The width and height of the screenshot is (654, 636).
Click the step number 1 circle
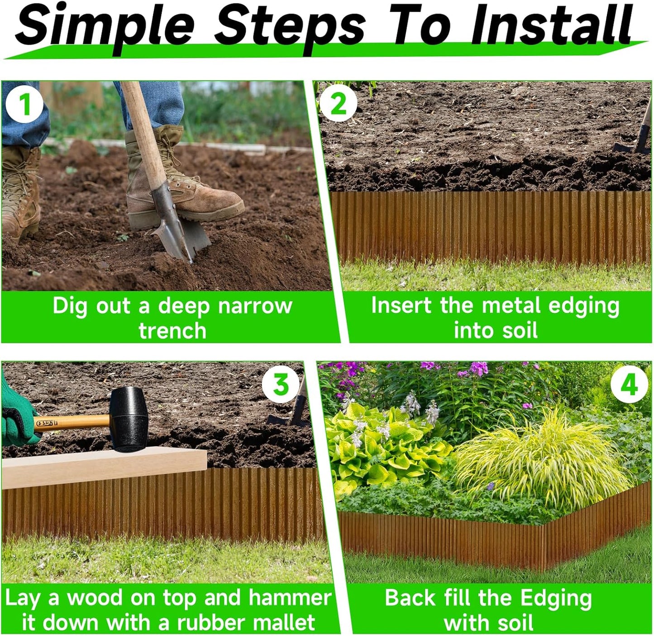[24, 105]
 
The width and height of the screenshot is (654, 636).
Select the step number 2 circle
[338, 104]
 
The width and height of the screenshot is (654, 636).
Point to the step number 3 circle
[281, 385]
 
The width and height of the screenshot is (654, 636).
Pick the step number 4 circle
[629, 385]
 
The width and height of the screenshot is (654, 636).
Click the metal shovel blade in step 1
[181, 231]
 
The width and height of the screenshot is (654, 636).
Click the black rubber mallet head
[129, 419]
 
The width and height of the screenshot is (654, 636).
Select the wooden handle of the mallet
[72, 423]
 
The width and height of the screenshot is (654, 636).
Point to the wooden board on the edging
[104, 467]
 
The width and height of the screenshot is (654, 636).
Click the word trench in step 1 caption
[172, 331]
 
